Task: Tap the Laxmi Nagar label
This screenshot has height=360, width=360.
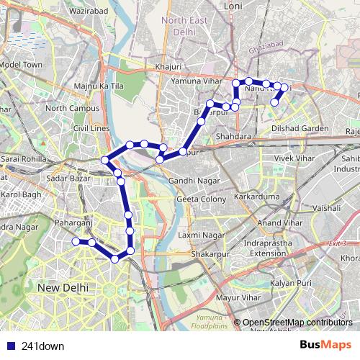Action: pyautogui.click(x=202, y=235)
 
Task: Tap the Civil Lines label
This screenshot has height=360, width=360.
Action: pyautogui.click(x=91, y=128)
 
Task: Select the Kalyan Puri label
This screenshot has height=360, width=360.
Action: pyautogui.click(x=292, y=284)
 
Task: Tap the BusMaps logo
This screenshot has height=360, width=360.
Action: pyautogui.click(x=326, y=345)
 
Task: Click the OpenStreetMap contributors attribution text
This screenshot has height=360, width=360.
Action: pyautogui.click(x=297, y=322)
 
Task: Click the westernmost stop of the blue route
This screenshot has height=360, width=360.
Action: pyautogui.click(x=75, y=242)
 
